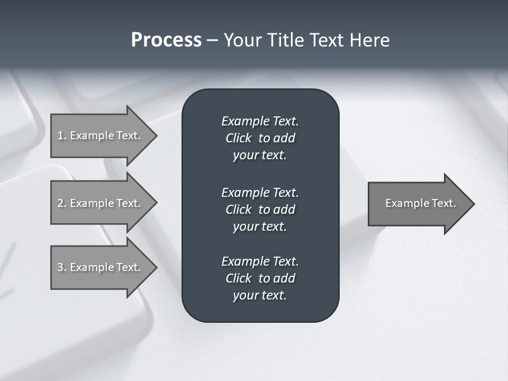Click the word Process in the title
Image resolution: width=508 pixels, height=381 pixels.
(166, 40)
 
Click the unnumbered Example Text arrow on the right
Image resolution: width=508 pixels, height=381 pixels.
(420, 203)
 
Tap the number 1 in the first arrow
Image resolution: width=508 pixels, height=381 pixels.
(60, 135)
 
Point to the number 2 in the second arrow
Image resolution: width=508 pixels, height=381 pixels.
(60, 203)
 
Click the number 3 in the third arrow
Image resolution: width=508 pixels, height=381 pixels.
(60, 267)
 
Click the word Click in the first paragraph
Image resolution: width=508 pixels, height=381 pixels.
(238, 138)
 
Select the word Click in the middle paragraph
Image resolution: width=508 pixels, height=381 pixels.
(238, 210)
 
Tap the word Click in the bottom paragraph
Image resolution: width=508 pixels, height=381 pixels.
(238, 278)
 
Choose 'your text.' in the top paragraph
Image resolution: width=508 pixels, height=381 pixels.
(260, 156)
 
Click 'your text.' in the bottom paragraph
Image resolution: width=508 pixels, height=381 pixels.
(260, 296)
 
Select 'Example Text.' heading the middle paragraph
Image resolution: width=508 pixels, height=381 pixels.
(260, 192)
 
